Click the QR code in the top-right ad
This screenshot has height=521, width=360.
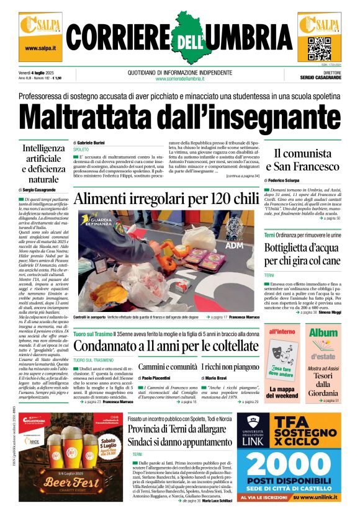319,47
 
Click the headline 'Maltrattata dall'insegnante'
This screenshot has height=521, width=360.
179,117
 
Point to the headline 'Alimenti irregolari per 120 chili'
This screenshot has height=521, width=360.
166,199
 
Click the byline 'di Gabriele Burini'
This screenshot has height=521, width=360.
93,142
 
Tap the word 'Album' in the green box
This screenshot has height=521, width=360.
323,332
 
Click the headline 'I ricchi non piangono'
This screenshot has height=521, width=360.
230,367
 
